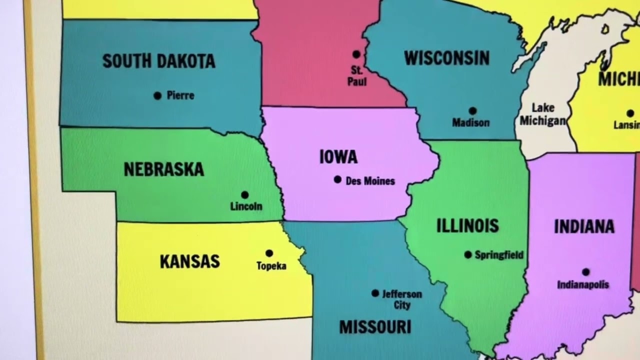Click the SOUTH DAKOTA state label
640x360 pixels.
pos(159,61)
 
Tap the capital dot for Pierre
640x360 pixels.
pos(157,95)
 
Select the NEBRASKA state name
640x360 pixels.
pos(164,169)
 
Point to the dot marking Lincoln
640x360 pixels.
pos(244,195)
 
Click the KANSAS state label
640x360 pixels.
pos(189,261)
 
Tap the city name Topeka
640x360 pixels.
pos(271,266)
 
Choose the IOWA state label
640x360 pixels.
pos(338,157)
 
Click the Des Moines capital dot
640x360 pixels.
pos(337,179)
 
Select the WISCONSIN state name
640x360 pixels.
pos(446,58)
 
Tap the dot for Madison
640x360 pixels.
pos(472,111)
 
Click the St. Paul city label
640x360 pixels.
pos(356,76)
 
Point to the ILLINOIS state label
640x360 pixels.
pos(467,225)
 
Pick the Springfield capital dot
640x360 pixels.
pos(468,255)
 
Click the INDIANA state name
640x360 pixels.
pos(584,226)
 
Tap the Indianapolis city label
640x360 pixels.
pos(583,285)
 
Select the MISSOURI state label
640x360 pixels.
pos(375,327)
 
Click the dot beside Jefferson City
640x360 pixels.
pos(375,293)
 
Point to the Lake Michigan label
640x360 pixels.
pos(543,114)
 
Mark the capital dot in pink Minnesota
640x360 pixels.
pos(356,54)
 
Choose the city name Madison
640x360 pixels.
pos(470,122)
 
